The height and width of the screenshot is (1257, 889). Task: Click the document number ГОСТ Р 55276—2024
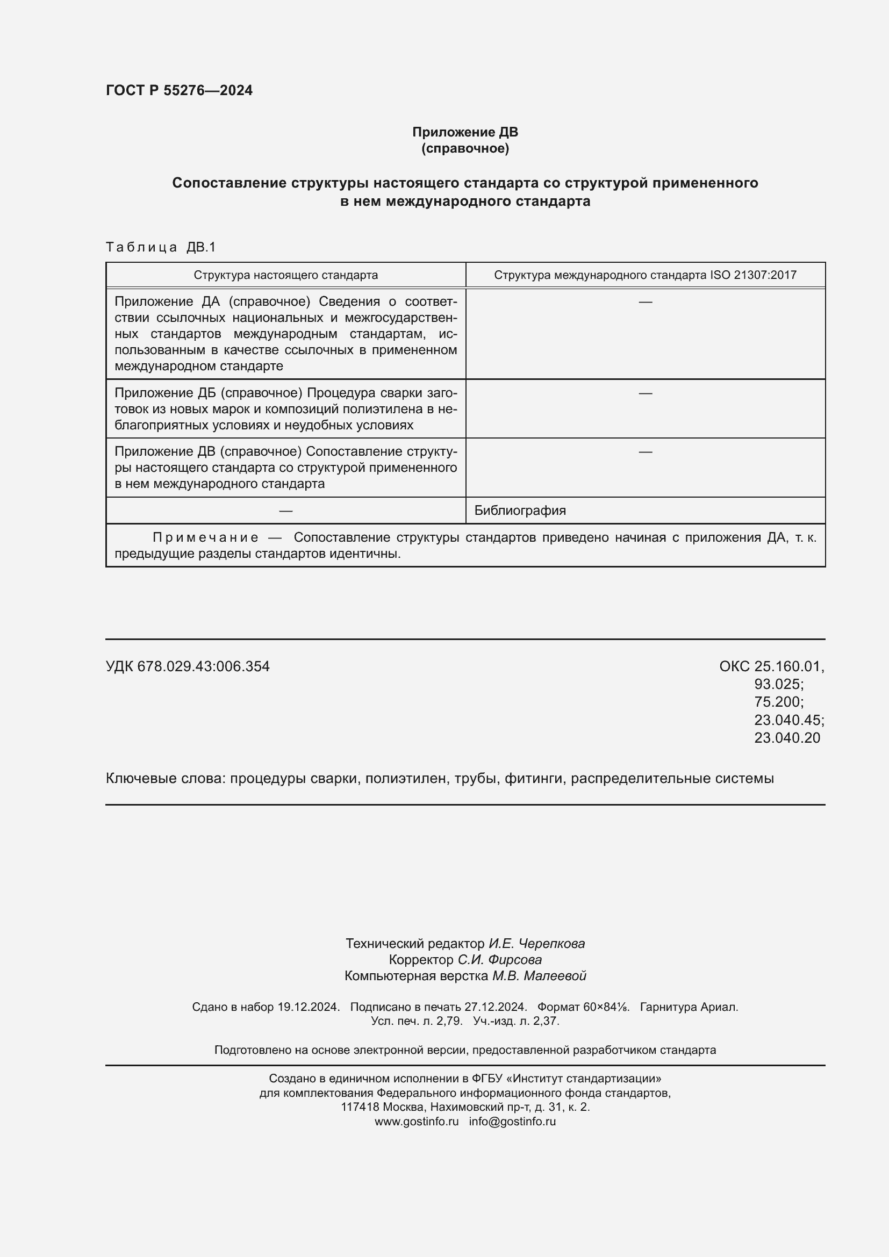179,90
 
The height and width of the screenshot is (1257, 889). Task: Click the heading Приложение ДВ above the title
465,132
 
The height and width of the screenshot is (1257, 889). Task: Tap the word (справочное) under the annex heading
465,148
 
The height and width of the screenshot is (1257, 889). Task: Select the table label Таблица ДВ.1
160,247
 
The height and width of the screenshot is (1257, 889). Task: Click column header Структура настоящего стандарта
285,275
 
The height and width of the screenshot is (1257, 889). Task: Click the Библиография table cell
520,510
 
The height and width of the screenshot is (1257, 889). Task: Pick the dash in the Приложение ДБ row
645,393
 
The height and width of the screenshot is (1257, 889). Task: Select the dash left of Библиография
285,510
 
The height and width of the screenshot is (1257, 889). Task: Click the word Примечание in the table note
205,537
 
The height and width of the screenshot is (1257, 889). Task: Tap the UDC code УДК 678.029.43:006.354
187,666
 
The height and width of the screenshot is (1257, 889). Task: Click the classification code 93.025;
778,684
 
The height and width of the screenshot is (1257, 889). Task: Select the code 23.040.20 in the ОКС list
787,737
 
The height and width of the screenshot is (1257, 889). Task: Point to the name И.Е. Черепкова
536,943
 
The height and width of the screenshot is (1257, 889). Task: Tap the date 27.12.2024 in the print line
495,1007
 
